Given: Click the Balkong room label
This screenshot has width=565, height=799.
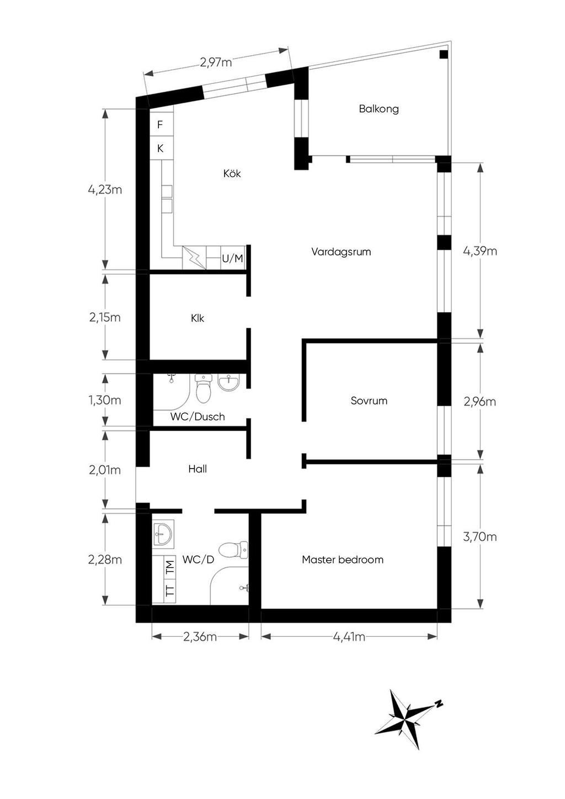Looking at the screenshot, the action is pos(379,109).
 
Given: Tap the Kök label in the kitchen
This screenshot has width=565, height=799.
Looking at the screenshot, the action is pos(232,173).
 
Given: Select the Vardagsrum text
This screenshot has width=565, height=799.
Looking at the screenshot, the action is pos(341,252).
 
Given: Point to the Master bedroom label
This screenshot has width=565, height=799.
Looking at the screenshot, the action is pos(343,560).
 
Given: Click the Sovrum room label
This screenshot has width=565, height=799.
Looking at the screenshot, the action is pos(369,401).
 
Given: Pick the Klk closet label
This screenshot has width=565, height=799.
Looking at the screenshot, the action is pos(197,318).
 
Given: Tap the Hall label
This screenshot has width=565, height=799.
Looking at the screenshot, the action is pos(197,468).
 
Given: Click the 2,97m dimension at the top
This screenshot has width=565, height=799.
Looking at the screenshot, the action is pos(215,62).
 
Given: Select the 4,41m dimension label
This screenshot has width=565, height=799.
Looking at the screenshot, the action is pos(349,637).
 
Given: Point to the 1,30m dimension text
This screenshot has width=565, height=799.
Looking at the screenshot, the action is pos(105,400).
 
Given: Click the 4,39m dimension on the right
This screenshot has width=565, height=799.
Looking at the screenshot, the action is pos(479,251).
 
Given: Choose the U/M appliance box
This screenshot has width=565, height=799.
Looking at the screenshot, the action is pos(232,258).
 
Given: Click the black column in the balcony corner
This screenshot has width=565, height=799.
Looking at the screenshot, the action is pos(444,55).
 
